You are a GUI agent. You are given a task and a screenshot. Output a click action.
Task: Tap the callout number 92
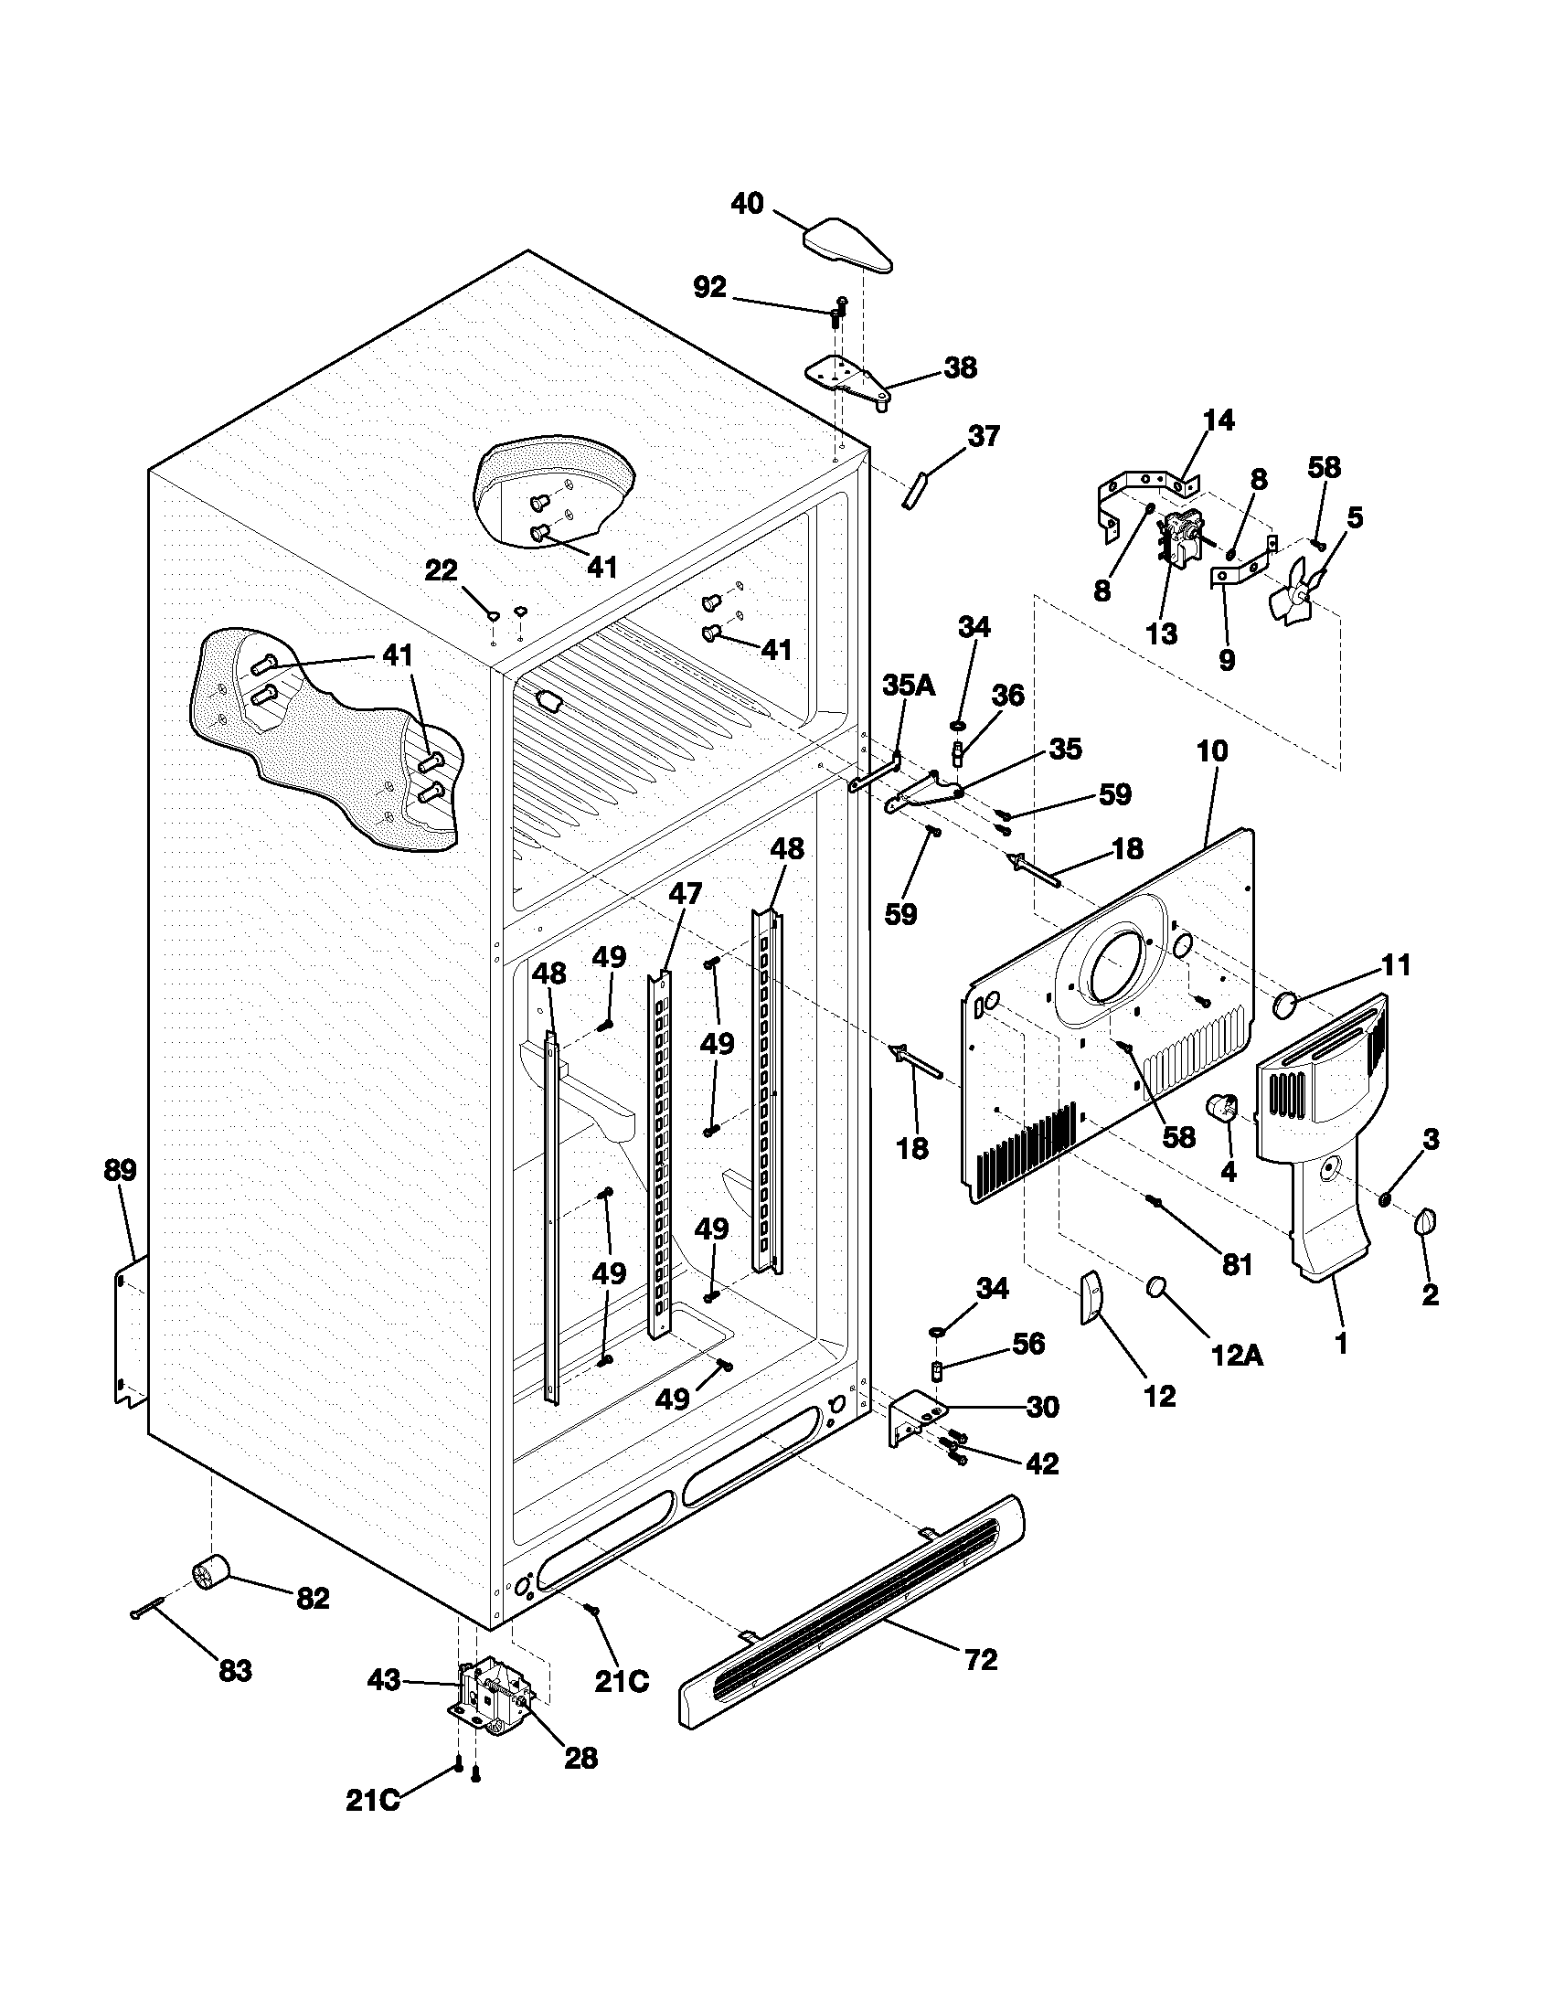pyautogui.click(x=708, y=288)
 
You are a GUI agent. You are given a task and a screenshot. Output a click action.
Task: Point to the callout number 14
pyautogui.click(x=1218, y=420)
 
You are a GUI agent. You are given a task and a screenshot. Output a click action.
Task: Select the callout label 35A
pyautogui.click(x=908, y=684)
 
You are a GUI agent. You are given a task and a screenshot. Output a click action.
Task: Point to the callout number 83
pyautogui.click(x=235, y=1670)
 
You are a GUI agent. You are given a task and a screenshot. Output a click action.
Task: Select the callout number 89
pyautogui.click(x=120, y=1170)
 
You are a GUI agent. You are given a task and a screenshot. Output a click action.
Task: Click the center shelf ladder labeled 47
pyautogui.click(x=659, y=1151)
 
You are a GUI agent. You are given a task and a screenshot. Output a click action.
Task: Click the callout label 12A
pyautogui.click(x=1238, y=1355)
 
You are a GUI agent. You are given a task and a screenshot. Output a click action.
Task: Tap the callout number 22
pyautogui.click(x=441, y=570)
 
